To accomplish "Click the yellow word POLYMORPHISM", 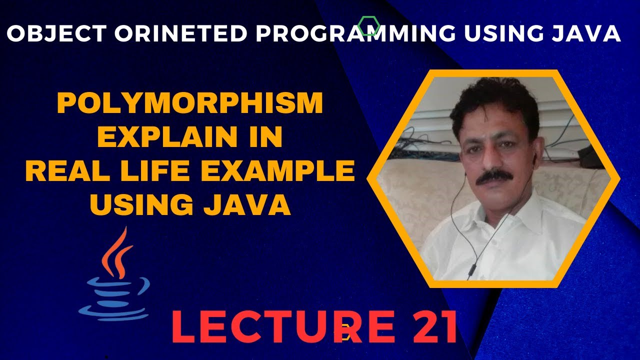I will tap(190, 104).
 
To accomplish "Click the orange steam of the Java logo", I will tap(115, 252).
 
